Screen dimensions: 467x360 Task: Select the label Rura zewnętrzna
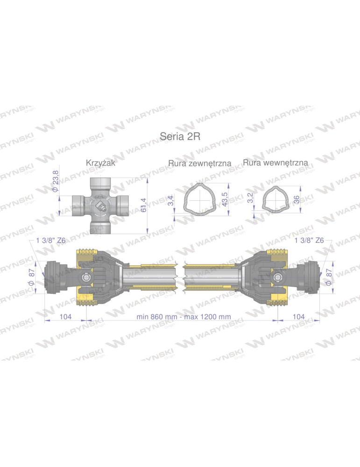click(200, 163)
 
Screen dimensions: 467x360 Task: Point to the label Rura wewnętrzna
click(275, 163)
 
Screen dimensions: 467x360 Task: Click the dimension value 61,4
click(143, 204)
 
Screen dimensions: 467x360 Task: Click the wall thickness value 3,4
click(171, 201)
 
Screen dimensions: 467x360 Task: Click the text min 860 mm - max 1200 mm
click(184, 317)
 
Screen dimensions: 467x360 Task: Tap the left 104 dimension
click(65, 317)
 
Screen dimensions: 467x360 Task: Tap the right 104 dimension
click(298, 317)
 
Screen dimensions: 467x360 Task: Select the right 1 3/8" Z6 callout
click(309, 241)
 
